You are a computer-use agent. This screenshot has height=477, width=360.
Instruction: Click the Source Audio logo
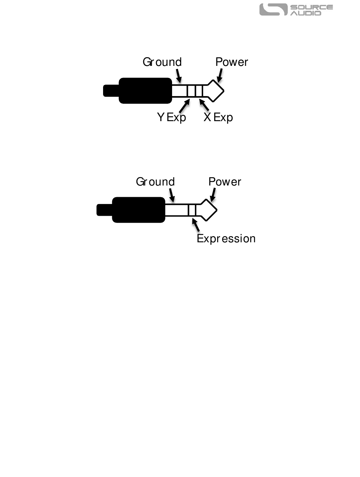point(296,10)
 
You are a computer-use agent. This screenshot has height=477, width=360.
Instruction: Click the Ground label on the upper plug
point(162,62)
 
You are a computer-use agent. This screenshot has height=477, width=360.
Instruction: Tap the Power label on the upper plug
point(232,62)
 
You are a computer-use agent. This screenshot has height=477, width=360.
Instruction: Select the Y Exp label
point(172,117)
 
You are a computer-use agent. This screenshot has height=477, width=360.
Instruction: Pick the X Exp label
point(218,117)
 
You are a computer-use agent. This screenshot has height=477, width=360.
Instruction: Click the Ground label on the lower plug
point(155,182)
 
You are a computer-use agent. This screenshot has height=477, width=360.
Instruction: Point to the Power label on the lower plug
point(225,182)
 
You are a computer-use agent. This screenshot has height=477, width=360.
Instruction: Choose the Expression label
point(226,239)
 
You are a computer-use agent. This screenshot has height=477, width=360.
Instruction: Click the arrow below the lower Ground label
point(172,195)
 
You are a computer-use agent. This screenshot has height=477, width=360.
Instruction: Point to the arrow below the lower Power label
point(213,195)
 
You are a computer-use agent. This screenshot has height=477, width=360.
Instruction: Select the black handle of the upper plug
point(145,91)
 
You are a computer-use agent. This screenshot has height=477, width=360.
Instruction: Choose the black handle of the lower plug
point(138,210)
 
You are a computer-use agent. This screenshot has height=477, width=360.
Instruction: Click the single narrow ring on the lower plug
point(192,210)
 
